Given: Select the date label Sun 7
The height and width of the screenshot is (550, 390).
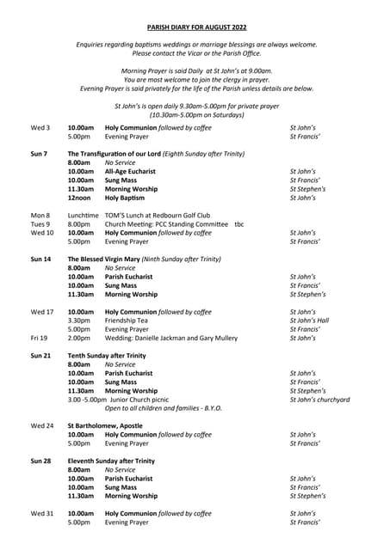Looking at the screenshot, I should [40, 153].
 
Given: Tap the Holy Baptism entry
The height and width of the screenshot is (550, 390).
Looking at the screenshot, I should [126, 198].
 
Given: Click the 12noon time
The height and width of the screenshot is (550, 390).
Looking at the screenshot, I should [80, 198].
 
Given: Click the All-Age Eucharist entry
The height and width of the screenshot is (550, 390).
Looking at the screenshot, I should [133, 171].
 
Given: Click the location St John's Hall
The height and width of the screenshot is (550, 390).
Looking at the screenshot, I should [309, 321].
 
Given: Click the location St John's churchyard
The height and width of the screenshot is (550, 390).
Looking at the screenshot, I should [320, 400].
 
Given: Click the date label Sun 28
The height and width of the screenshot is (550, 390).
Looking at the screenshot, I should [40, 461].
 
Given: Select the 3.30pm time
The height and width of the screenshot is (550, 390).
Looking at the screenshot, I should [79, 321].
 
